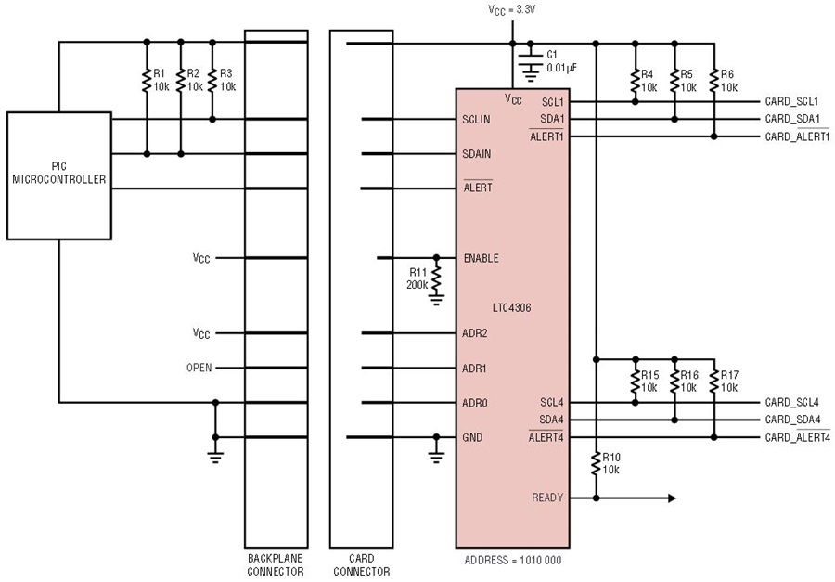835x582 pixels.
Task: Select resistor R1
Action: (x=147, y=81)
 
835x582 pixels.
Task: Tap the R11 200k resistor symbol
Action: (x=437, y=278)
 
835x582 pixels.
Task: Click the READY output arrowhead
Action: (x=672, y=498)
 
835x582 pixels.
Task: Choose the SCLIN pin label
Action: (x=476, y=120)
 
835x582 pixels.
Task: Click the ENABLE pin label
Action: (x=482, y=258)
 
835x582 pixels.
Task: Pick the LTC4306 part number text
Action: (x=512, y=308)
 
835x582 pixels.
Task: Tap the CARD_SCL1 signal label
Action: (x=792, y=101)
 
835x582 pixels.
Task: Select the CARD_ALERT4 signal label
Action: (x=798, y=437)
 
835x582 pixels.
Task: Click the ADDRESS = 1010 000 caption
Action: (x=513, y=560)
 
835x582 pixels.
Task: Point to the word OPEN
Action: (x=199, y=368)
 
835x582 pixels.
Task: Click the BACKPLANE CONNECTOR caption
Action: (x=276, y=565)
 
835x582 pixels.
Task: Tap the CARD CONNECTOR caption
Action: (x=362, y=565)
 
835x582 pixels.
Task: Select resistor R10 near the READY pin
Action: (x=596, y=464)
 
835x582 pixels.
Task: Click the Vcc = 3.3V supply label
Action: (x=512, y=9)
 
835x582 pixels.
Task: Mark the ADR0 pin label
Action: (x=475, y=403)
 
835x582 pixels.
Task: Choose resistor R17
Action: (x=714, y=382)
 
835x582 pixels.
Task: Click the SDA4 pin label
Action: (x=551, y=420)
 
